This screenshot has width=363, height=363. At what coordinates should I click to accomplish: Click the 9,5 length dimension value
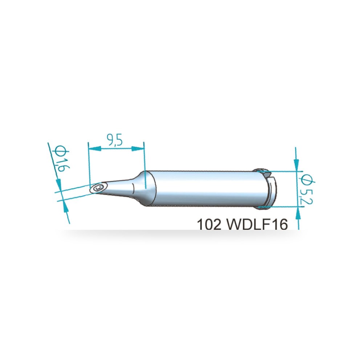coord(114,140)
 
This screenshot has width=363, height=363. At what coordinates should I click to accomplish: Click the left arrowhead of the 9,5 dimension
coord(95,149)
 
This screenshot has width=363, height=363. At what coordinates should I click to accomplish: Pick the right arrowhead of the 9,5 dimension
coord(137,149)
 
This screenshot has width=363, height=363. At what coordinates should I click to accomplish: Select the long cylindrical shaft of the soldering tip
coord(204,188)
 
